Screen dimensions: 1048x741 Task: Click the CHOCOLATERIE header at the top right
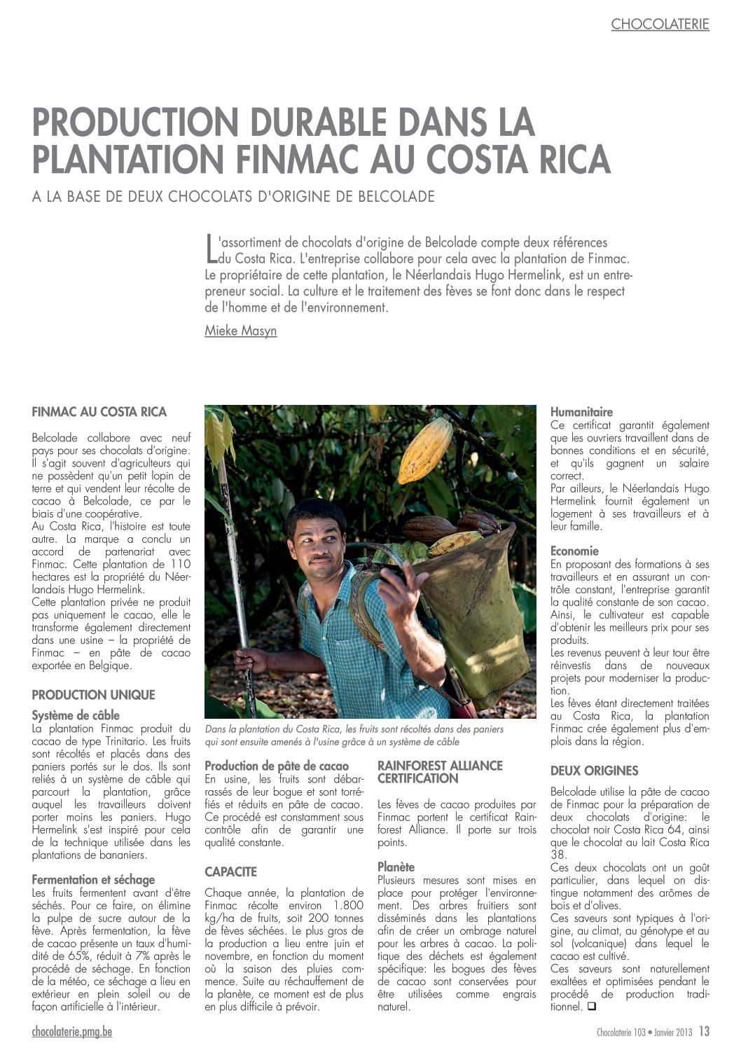click(x=660, y=25)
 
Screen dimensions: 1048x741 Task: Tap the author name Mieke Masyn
click(x=240, y=331)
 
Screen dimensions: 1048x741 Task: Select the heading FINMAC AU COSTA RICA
click(x=99, y=412)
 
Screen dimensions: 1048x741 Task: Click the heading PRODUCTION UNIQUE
click(x=93, y=695)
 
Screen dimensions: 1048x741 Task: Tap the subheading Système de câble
click(x=76, y=715)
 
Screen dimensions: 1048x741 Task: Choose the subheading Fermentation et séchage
click(x=93, y=880)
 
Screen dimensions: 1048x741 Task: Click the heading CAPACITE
click(x=230, y=872)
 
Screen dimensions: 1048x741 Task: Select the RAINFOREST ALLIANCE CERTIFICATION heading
click(x=440, y=772)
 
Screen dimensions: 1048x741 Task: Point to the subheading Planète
click(x=396, y=867)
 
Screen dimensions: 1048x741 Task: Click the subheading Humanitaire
click(x=581, y=412)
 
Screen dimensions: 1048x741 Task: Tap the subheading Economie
click(x=574, y=551)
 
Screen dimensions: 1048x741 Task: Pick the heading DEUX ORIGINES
click(x=594, y=771)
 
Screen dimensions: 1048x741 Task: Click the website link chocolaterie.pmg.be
click(x=71, y=1031)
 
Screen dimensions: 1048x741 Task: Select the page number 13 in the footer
click(x=704, y=1031)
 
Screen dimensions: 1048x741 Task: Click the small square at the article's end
click(x=591, y=1007)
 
